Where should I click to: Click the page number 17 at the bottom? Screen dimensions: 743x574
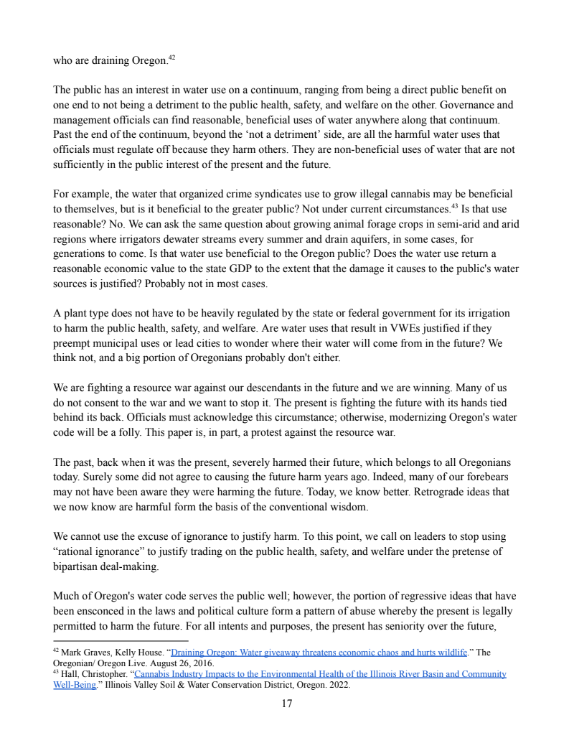point(286,704)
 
